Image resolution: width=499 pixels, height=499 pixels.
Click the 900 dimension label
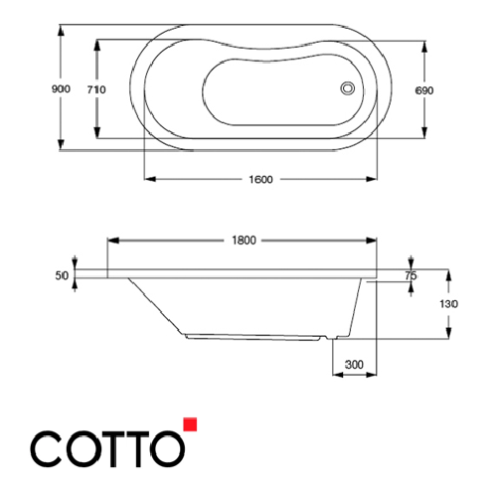(x=61, y=89)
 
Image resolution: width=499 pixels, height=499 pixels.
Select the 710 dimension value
(x=96, y=89)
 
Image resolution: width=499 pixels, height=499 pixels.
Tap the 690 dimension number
(x=425, y=89)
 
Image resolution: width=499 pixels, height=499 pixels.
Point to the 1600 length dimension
(x=260, y=179)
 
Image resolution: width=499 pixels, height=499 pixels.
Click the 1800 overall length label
(x=244, y=240)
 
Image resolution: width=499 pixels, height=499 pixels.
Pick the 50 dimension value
(x=63, y=275)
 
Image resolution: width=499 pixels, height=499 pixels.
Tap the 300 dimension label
(x=354, y=365)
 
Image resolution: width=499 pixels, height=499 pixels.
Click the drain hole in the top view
(x=348, y=87)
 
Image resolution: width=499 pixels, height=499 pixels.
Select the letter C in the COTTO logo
(x=48, y=449)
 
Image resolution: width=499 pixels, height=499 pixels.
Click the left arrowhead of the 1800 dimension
(x=111, y=240)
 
